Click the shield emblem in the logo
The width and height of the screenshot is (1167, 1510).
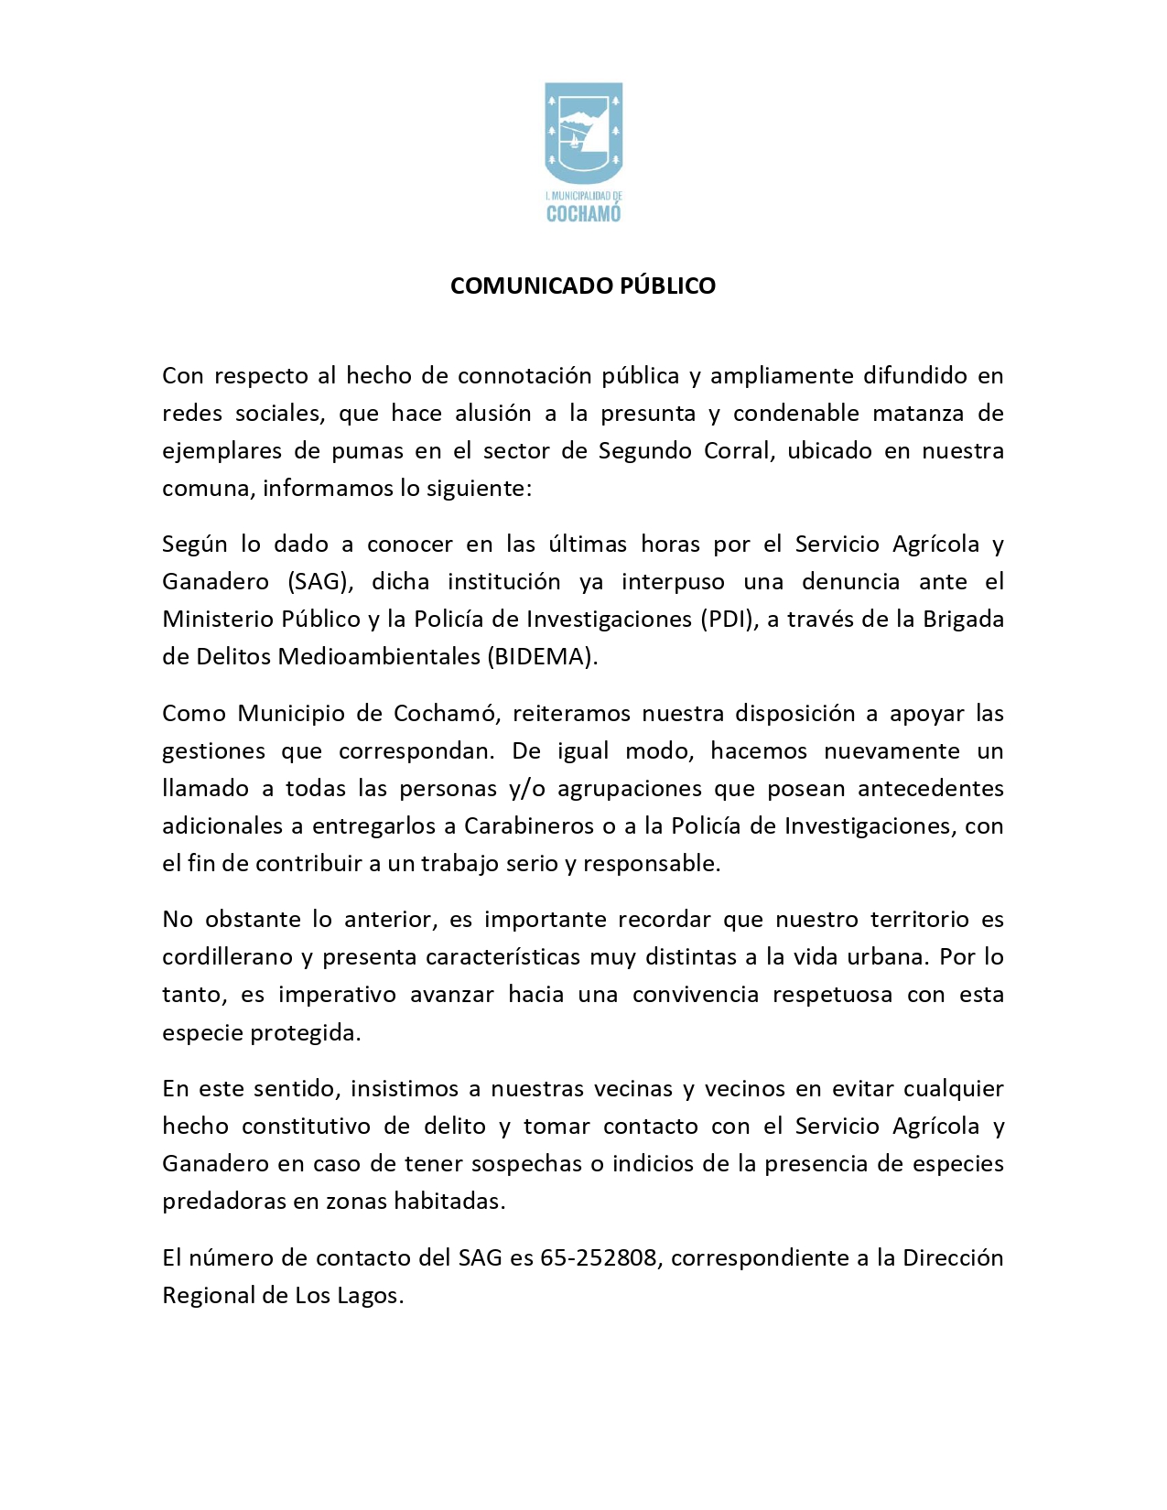pos(583,133)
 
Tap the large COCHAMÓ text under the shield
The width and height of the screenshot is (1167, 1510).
pos(583,214)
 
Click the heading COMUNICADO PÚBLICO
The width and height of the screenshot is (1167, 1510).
pos(583,286)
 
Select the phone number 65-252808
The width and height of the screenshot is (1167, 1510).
pos(599,1258)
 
